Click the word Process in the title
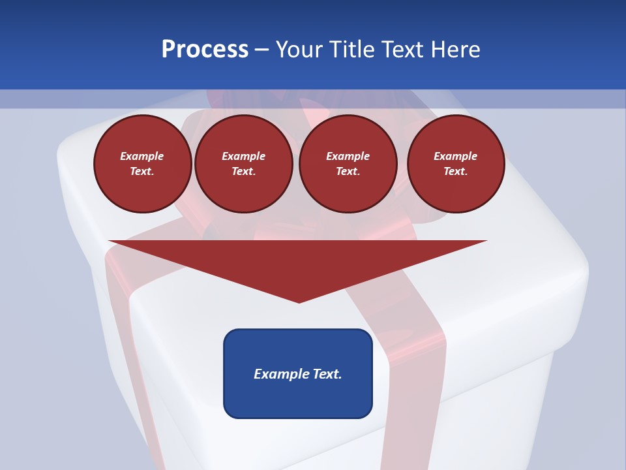coord(205,50)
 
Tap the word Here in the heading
coord(455,50)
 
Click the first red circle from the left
coord(143,164)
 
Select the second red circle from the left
coord(244,164)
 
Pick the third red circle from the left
coord(348,164)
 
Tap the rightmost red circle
coord(456,164)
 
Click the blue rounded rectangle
coord(298,373)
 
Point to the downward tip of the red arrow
coord(299,302)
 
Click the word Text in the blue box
coord(326,374)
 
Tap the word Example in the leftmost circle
coord(142,156)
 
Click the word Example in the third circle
coord(348,156)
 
